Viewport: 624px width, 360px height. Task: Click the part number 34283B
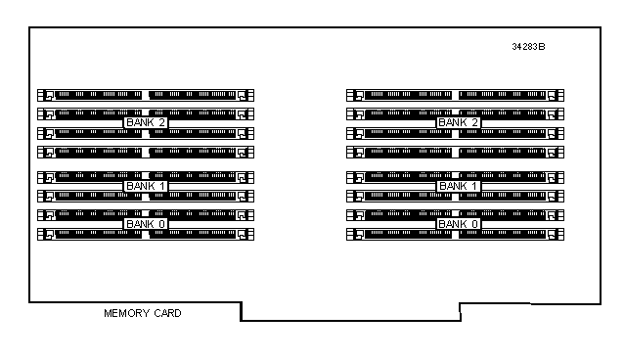[528, 47]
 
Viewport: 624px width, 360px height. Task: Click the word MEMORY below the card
[126, 313]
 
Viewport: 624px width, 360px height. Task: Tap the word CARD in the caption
[167, 313]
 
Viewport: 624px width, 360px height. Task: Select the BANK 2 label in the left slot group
[146, 122]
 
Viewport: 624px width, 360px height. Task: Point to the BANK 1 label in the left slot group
[146, 186]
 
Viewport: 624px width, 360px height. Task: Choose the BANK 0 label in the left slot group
[146, 224]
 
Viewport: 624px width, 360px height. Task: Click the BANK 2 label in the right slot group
[459, 122]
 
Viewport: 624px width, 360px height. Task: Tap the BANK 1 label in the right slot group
[459, 186]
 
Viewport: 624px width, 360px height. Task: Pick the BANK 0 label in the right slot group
[459, 224]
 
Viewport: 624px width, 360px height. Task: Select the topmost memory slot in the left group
[146, 95]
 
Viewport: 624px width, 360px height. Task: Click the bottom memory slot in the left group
[146, 234]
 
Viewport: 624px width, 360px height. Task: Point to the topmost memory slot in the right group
[455, 95]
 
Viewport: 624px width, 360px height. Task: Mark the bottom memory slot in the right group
[455, 234]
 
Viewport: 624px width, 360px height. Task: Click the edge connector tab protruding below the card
[350, 312]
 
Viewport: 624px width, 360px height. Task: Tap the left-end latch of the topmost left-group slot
[45, 95]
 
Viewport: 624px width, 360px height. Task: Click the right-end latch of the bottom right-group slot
[556, 234]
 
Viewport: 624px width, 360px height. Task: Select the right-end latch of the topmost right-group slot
[556, 95]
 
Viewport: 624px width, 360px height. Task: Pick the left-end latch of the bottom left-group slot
[45, 234]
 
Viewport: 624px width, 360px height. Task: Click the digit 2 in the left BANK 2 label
[161, 122]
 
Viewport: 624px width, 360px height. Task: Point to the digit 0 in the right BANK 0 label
[474, 224]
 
